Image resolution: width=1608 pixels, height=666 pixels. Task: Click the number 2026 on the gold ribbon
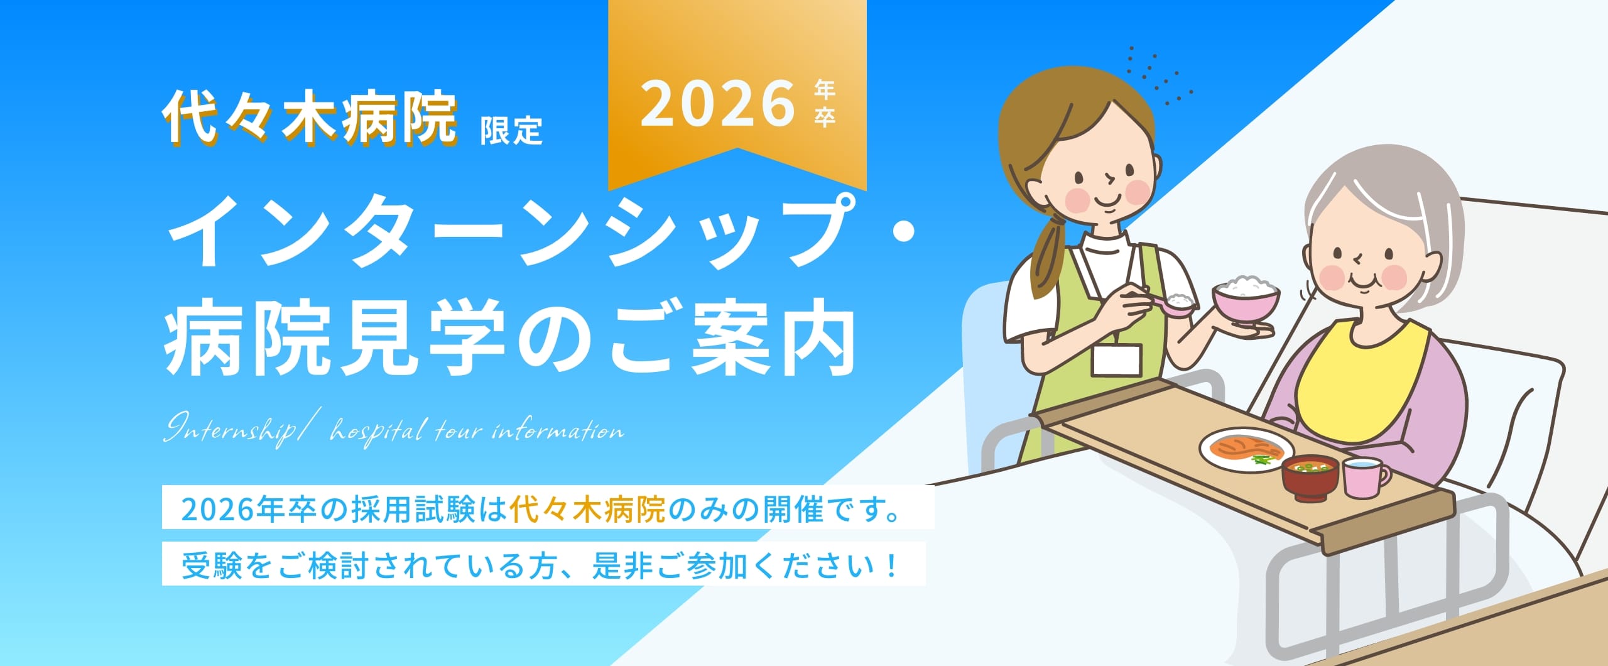coord(717,103)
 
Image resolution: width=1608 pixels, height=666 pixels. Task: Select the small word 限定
coord(511,130)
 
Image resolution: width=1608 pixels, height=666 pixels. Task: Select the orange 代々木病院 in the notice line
coord(587,510)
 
